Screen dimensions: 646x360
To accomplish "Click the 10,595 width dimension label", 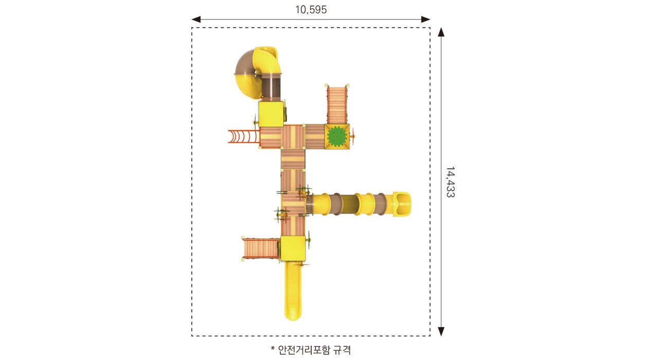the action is (311, 10).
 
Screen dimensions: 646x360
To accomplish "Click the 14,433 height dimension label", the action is (450, 182).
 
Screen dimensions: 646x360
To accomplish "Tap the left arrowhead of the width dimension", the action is (196, 20).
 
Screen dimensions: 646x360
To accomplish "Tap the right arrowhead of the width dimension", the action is (426, 20).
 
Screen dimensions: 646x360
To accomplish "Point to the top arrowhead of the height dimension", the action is (441, 32).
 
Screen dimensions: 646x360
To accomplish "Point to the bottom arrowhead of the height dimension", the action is (441, 331).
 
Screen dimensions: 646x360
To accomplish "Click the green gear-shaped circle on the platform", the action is (337, 136).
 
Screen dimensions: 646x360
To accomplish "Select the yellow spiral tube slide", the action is (257, 72).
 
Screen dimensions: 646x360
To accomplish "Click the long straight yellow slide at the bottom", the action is (293, 290).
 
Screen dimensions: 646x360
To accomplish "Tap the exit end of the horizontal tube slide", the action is (402, 204).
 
